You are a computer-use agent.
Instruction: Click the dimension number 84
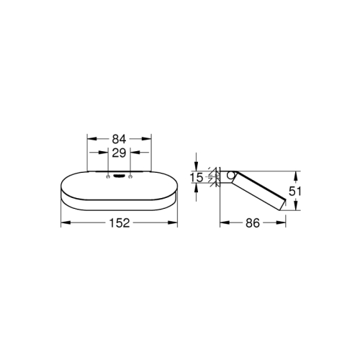(x=119, y=139)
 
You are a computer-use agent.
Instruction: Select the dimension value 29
(x=119, y=153)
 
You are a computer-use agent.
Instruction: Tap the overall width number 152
(x=119, y=223)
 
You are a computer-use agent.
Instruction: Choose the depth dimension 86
(x=252, y=223)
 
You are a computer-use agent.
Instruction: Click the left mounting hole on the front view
(x=108, y=176)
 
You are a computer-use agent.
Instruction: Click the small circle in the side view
(x=230, y=176)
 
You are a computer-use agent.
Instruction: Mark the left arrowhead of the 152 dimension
(x=62, y=223)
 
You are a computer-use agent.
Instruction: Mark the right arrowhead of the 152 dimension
(x=175, y=223)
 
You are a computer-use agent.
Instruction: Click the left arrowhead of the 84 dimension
(x=89, y=139)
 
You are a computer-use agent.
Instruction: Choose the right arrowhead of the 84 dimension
(x=149, y=139)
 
